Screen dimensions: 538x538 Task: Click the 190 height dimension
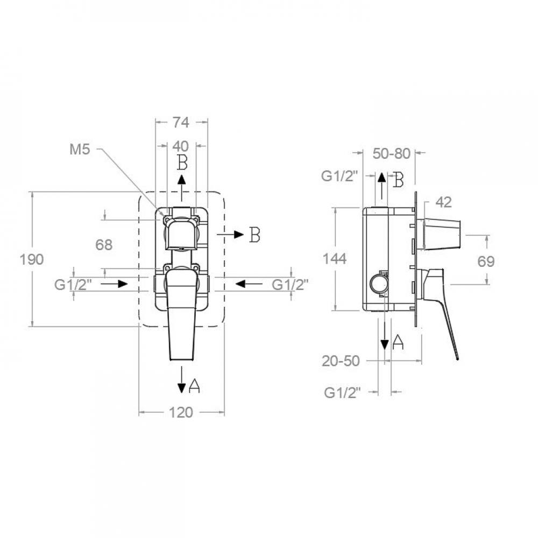32,260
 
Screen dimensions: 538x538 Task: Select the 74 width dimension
181,123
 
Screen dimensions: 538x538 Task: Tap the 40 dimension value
180,146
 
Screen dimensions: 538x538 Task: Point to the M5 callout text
80,149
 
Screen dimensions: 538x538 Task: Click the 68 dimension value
104,245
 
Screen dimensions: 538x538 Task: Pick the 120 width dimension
181,413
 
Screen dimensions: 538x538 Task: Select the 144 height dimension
335,259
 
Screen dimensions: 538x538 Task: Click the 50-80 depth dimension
392,154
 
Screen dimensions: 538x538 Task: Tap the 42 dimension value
444,202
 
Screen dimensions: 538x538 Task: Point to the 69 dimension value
486,262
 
